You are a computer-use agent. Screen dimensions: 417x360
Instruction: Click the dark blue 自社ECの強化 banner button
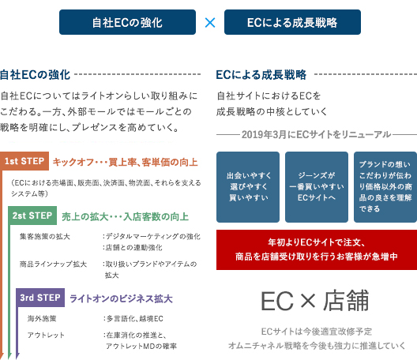click(x=127, y=22)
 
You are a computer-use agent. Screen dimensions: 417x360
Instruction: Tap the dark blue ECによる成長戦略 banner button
click(x=292, y=22)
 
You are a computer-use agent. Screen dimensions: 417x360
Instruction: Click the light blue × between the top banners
click(x=210, y=23)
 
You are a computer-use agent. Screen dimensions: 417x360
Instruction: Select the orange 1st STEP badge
click(x=24, y=161)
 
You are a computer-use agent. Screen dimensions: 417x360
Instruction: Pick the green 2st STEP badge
click(x=32, y=216)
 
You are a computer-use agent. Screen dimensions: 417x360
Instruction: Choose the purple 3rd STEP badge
click(x=40, y=298)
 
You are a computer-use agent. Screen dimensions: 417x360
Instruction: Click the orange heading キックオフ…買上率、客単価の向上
click(x=126, y=162)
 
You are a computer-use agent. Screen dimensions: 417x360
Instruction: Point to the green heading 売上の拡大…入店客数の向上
click(x=126, y=216)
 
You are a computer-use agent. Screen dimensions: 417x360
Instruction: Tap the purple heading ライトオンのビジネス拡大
click(x=121, y=298)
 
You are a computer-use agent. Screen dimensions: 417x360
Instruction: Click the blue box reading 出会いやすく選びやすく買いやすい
click(x=248, y=187)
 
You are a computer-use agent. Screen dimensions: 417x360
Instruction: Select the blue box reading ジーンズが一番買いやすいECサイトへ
click(x=317, y=187)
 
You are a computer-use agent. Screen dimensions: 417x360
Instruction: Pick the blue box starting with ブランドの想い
click(x=385, y=187)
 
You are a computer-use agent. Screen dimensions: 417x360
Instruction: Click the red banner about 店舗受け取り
click(x=317, y=250)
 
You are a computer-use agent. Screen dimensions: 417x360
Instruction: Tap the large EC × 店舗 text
click(x=315, y=301)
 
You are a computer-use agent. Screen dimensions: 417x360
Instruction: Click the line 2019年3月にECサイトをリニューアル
click(x=317, y=134)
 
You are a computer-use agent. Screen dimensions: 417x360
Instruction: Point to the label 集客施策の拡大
click(x=45, y=236)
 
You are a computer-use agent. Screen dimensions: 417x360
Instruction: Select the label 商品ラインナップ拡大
click(x=53, y=264)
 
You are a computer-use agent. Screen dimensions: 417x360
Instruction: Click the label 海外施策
click(x=42, y=318)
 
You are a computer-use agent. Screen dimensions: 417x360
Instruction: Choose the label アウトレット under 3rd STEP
click(x=46, y=335)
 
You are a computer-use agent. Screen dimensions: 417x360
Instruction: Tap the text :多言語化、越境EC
click(x=133, y=318)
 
